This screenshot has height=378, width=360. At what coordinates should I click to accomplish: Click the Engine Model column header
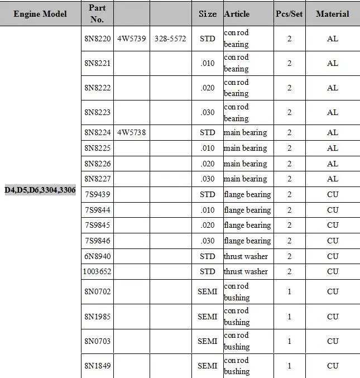40,14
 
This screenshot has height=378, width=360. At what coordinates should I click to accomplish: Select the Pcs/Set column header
289,14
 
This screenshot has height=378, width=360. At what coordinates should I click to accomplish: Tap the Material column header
332,14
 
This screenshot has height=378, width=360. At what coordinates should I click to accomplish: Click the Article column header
237,14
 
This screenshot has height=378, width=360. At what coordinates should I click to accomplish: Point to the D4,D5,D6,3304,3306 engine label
40,190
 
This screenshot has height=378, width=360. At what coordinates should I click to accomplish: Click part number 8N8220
97,39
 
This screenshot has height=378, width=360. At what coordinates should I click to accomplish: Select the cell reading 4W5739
131,39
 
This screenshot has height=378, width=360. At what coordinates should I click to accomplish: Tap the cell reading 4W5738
131,132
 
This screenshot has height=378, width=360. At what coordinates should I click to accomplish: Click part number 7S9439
97,194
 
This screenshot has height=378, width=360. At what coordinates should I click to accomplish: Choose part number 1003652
97,271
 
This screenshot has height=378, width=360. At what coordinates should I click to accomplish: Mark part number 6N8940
97,256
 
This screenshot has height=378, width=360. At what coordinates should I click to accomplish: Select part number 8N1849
97,366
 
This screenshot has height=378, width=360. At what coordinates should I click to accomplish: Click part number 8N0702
97,292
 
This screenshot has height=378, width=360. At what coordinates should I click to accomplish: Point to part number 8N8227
97,179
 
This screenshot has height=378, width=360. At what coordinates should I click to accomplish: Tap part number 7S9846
97,241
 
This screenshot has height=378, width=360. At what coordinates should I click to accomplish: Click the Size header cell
208,14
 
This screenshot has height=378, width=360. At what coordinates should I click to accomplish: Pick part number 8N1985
97,317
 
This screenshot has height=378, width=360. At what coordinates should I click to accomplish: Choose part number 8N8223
97,112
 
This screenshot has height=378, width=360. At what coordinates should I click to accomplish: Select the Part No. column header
97,14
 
